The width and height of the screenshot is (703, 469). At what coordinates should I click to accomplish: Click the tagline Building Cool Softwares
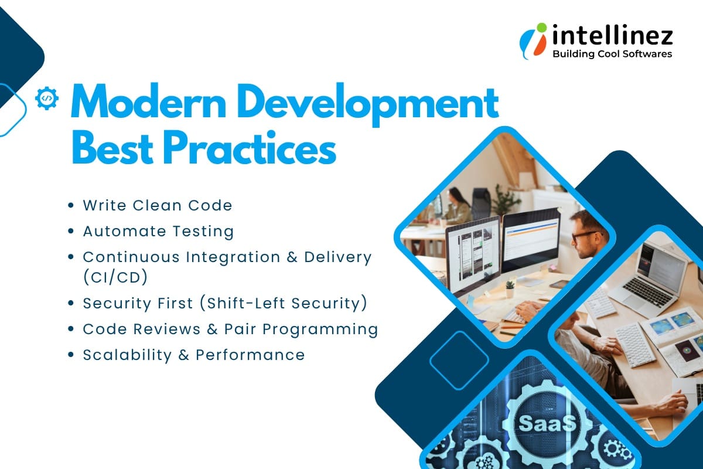click(612, 54)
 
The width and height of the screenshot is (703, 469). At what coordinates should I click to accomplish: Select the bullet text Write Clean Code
click(158, 205)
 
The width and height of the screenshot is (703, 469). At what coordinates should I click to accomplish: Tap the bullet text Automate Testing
click(158, 231)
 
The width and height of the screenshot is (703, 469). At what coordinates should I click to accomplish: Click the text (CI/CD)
click(115, 277)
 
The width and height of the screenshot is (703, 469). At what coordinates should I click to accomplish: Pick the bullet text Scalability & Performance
click(193, 355)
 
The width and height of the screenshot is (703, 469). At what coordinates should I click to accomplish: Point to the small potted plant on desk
click(509, 287)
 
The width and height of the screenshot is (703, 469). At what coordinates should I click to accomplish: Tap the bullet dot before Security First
click(71, 303)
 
